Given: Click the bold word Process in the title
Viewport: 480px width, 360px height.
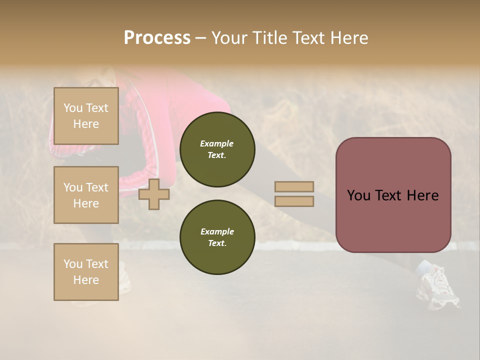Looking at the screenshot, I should pos(157,38).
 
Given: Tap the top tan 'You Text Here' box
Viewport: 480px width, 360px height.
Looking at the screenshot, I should pos(86,116).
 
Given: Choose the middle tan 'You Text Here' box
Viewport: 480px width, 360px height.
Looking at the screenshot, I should pos(86,195).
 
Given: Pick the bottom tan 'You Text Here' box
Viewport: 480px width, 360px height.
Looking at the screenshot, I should pos(86,272).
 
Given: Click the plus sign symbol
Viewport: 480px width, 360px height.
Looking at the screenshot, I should pos(154,194).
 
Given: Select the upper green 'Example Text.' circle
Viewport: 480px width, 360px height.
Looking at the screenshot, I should pos(217,149).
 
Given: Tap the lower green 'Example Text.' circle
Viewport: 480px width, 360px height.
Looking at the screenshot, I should pos(217,237).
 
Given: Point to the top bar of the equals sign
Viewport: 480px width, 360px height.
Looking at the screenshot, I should pos(294,187).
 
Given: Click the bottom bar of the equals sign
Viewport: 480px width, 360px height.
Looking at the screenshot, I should pos(294,201).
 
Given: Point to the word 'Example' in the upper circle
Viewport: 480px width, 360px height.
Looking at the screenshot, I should pos(217,143).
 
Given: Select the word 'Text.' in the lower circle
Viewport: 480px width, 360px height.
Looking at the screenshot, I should pos(217,243).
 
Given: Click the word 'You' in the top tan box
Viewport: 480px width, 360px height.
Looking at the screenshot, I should pos(73,108).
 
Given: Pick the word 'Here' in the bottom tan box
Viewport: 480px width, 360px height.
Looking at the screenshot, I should pos(86,280).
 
